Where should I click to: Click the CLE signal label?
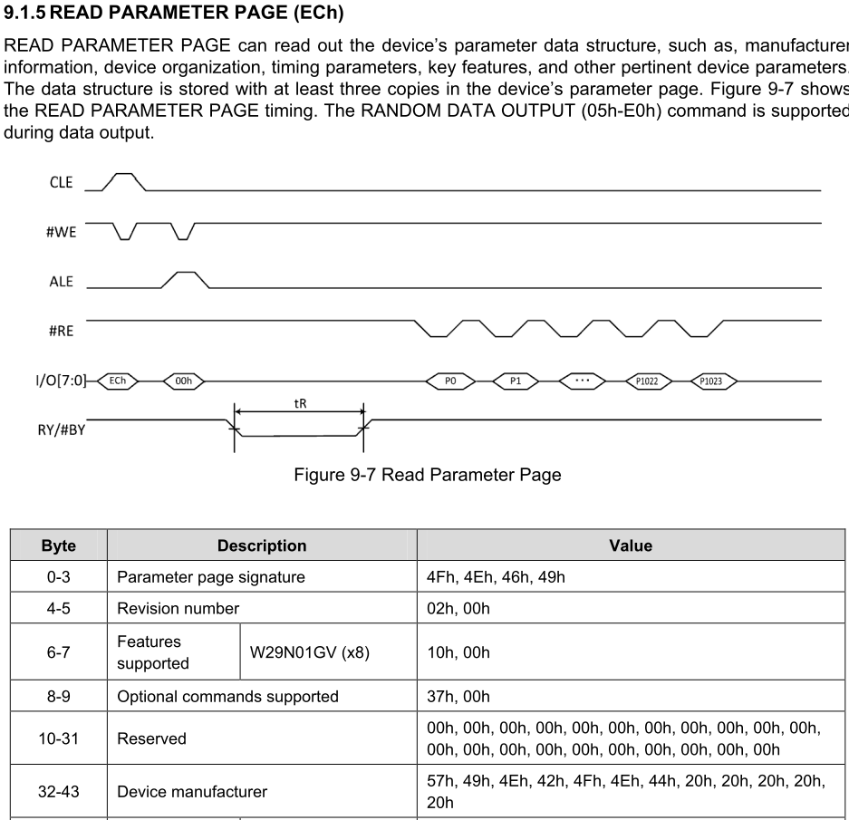[62, 182]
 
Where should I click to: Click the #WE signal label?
[61, 232]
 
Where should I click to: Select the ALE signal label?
[62, 281]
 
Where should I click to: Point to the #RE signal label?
[61, 331]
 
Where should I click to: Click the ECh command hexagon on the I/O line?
[118, 381]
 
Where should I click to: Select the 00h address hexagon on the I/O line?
[184, 381]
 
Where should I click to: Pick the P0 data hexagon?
[450, 381]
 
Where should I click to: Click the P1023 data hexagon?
[712, 381]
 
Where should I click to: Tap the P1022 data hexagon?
[647, 381]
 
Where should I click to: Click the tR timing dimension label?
[300, 402]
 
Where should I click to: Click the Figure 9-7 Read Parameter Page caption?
[428, 475]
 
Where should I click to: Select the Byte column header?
[59, 545]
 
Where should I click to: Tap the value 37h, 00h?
[458, 696]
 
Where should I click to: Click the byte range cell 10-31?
[59, 738]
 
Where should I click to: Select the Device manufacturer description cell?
[192, 791]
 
